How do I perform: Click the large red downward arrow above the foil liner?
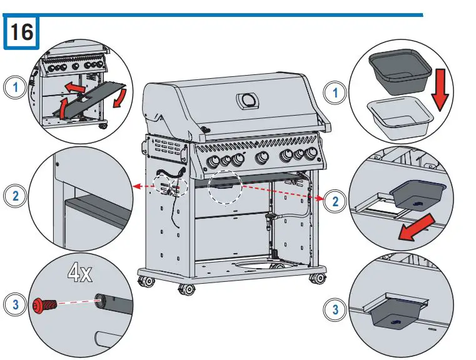(x=441, y=86)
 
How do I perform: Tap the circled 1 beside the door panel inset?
(x=14, y=87)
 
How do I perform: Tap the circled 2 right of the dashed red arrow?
(x=337, y=201)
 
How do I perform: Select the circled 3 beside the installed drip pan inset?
(x=337, y=308)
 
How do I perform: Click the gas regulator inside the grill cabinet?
(x=271, y=221)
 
